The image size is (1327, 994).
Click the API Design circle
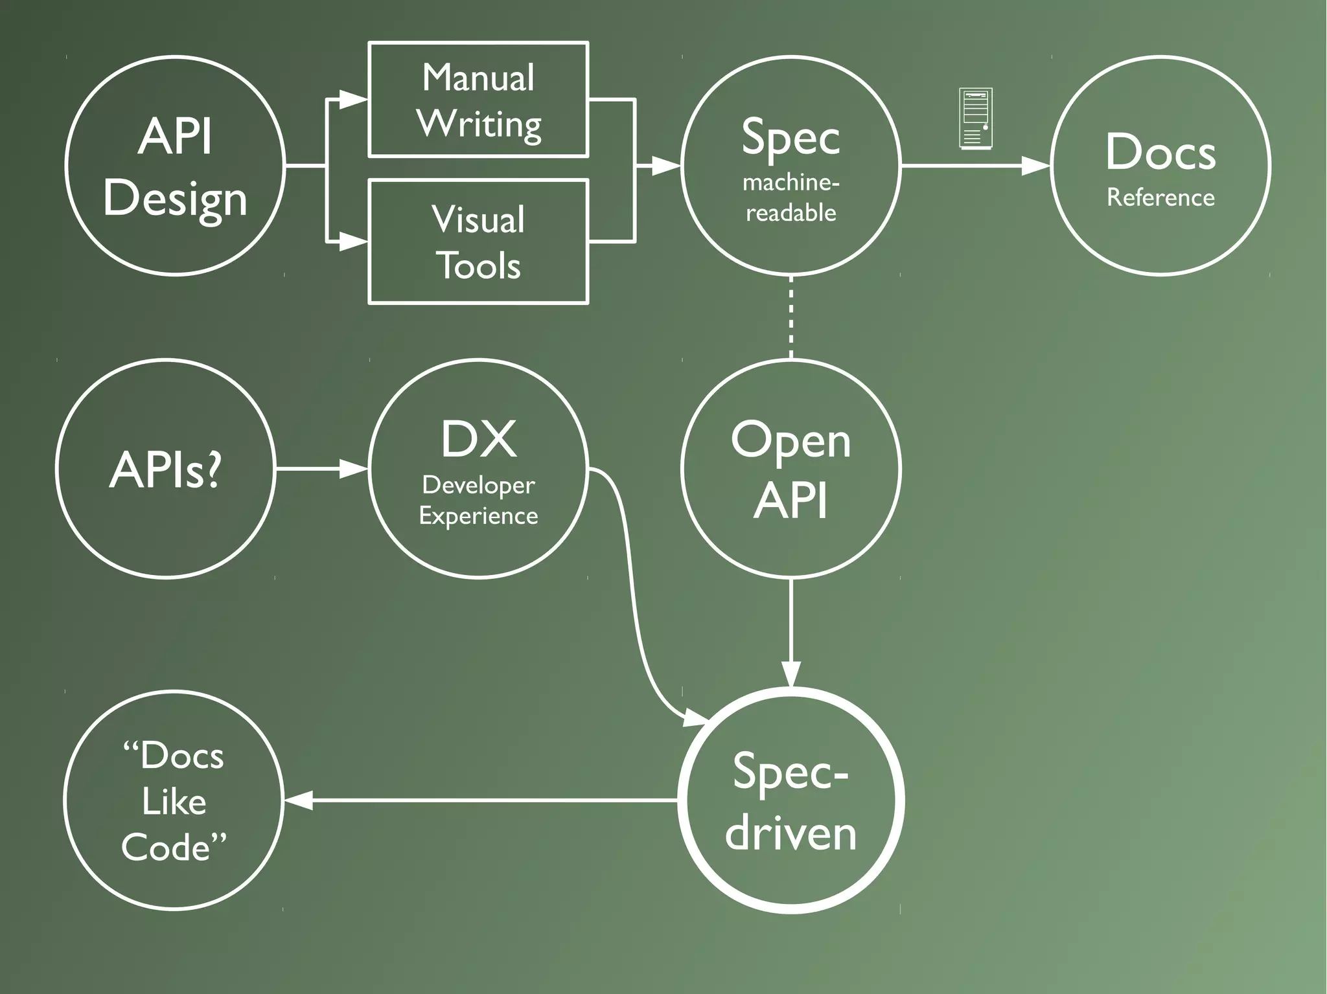click(175, 166)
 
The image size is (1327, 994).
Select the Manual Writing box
click(478, 100)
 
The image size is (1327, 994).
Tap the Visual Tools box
click(478, 242)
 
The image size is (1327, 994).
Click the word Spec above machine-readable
click(790, 137)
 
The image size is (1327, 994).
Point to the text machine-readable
click(790, 198)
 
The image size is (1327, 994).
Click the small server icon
click(975, 119)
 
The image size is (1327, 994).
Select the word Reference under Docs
click(1160, 198)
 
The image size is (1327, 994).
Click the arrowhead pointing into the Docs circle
click(1035, 166)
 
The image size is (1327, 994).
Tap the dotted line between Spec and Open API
click(791, 317)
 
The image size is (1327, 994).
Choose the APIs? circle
click(166, 468)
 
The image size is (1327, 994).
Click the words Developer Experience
click(478, 501)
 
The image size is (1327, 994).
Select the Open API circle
click(791, 468)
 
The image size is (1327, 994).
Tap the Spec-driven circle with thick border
click(791, 800)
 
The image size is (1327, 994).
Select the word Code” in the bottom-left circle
click(174, 847)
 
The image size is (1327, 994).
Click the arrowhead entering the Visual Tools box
click(353, 242)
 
